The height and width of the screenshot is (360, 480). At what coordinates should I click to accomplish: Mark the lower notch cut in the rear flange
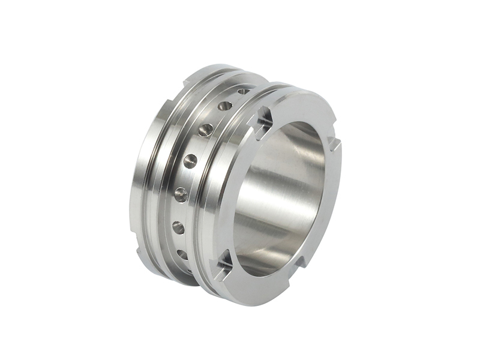tap(141, 253)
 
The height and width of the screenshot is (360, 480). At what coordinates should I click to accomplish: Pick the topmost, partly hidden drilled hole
tap(243, 91)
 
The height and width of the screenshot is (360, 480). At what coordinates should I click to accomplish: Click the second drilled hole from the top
tap(225, 106)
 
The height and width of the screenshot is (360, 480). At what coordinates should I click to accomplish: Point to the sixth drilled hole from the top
tap(178, 227)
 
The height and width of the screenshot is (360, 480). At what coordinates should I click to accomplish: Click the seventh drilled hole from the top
tap(182, 254)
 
